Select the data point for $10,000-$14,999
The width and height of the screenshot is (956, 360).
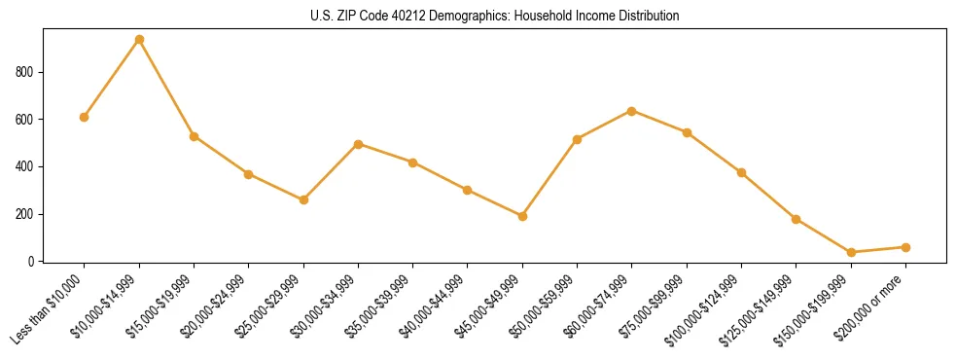point(139,39)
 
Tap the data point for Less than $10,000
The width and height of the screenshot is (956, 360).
point(85,117)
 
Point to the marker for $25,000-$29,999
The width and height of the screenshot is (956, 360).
point(303,199)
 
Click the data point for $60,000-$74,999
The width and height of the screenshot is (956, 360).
point(632,111)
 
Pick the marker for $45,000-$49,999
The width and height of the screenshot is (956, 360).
point(522,216)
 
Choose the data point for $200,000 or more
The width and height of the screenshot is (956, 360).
point(905,247)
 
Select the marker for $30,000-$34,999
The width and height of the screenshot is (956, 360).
point(358,144)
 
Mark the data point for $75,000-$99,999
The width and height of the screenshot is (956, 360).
point(687,132)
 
